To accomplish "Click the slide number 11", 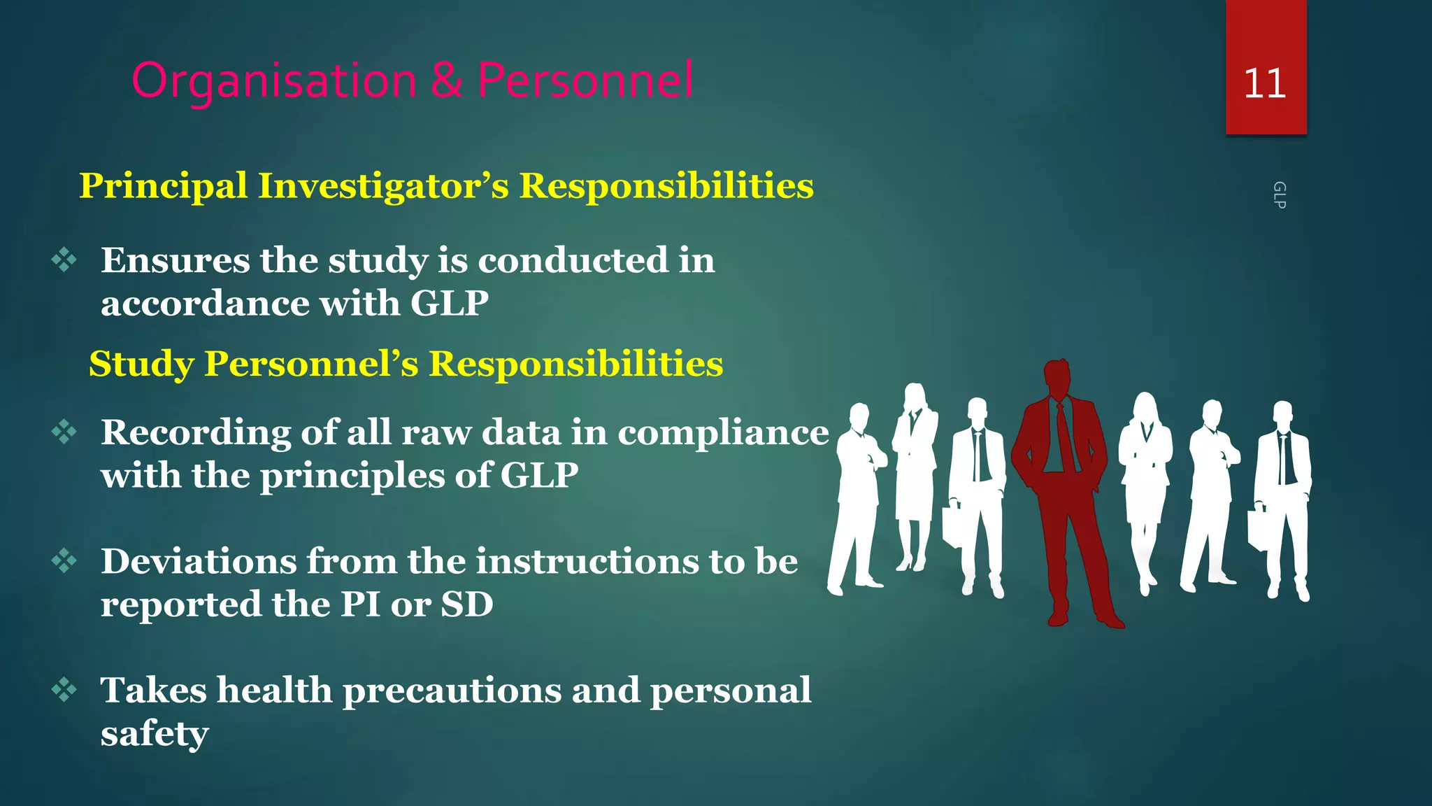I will click(1265, 83).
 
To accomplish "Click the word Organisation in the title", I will click(274, 81).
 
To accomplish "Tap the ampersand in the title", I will click(446, 80).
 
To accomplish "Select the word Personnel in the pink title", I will click(585, 80).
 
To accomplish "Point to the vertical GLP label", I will click(1279, 195).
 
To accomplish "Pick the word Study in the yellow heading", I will click(142, 364).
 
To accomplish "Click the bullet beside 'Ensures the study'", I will click(64, 260).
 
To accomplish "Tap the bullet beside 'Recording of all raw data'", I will click(64, 432).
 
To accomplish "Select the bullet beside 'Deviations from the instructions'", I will click(64, 561).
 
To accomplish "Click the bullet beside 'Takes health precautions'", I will click(64, 690).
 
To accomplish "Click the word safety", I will click(155, 734).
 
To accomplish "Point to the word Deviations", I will click(199, 561).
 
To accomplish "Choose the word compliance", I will click(723, 432).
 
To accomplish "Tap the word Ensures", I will click(175, 260).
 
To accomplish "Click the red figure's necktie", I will click(1064, 437).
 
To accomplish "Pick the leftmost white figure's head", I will click(859, 418).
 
